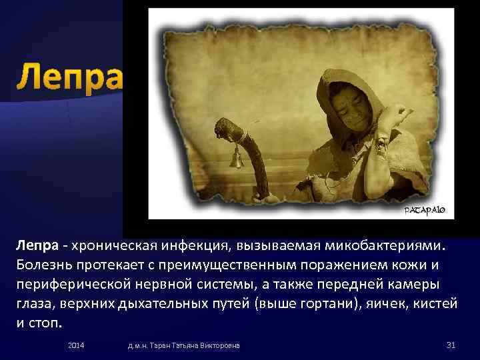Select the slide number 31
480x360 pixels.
[450, 345]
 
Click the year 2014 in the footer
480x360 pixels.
[77, 345]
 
